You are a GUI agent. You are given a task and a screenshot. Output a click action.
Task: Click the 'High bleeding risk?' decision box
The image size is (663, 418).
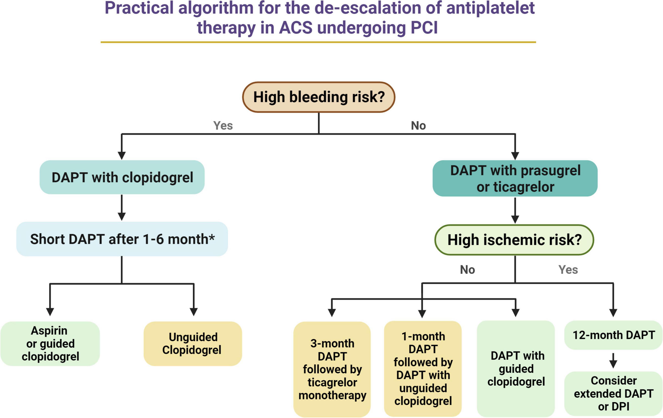click(x=319, y=97)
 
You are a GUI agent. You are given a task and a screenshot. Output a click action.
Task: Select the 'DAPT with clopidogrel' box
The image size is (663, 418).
click(x=122, y=177)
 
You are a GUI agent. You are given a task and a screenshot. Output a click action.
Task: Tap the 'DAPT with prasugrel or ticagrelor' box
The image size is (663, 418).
click(x=515, y=178)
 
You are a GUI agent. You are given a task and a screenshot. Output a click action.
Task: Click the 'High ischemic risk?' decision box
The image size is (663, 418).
click(x=514, y=240)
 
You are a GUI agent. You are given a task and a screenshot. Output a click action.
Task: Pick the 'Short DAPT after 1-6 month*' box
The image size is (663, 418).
click(x=122, y=239)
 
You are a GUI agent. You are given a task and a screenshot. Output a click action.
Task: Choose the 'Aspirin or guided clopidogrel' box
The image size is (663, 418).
click(x=50, y=343)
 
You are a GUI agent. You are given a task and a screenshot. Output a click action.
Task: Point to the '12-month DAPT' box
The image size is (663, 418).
click(x=613, y=335)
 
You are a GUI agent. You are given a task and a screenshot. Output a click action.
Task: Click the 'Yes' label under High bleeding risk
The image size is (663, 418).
click(x=223, y=125)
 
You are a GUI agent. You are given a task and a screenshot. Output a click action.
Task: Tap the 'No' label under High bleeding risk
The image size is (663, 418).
click(x=418, y=125)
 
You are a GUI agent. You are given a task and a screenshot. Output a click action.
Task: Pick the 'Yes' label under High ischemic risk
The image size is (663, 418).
click(x=568, y=269)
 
